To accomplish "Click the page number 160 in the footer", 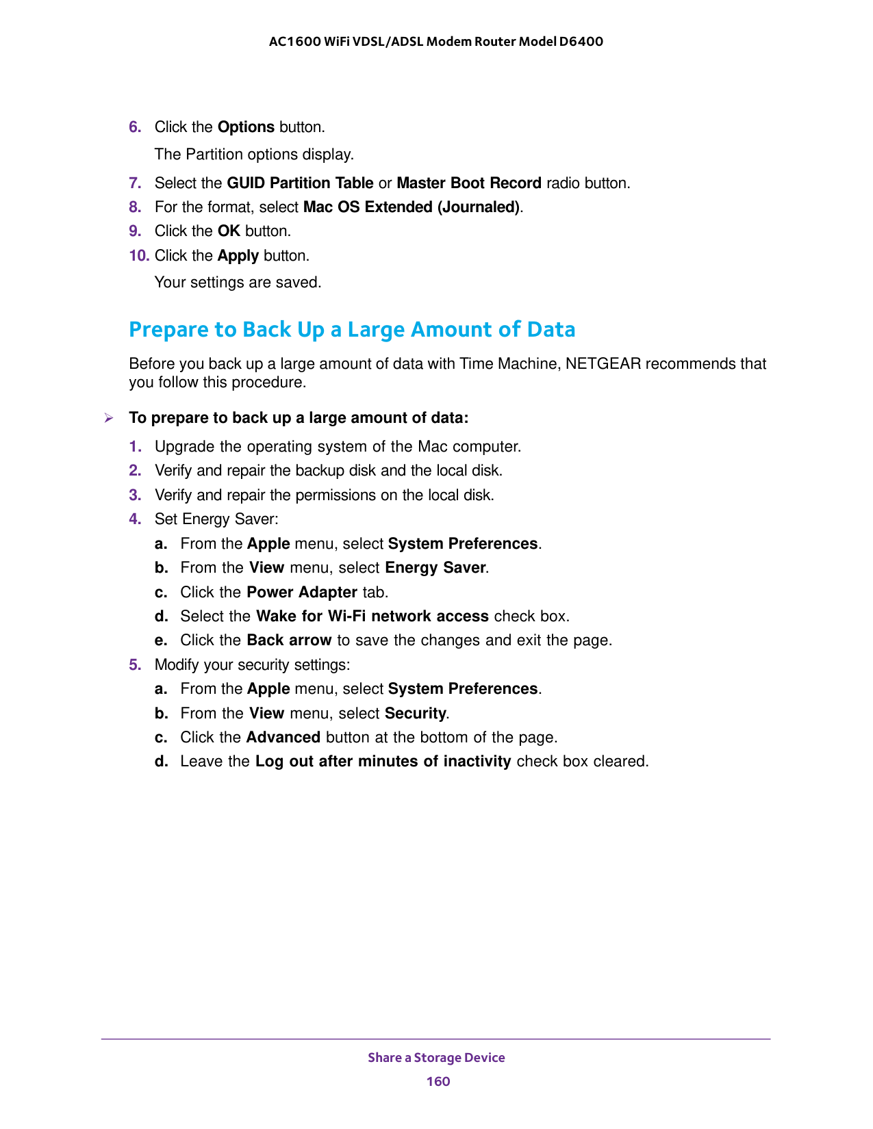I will (x=438, y=1081).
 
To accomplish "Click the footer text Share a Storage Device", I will (x=436, y=1057).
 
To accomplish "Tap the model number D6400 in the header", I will (x=581, y=41).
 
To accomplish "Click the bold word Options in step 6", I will (x=246, y=127).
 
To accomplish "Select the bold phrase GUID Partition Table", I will (x=300, y=183).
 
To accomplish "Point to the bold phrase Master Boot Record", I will (x=469, y=183).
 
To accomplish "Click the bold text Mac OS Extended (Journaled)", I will (x=412, y=207).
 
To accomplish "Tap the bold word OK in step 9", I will (x=229, y=231).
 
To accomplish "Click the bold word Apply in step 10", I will (x=238, y=256).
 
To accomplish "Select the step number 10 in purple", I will (x=139, y=256).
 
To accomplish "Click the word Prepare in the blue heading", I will (x=168, y=330).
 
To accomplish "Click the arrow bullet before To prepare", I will (x=108, y=418).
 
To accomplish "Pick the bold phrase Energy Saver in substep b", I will (x=435, y=568).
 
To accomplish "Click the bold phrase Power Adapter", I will (x=302, y=592).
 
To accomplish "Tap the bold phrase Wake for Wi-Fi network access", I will (x=372, y=617).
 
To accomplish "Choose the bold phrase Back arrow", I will (x=289, y=640).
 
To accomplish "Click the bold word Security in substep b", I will (x=416, y=714).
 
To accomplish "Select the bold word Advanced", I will (x=283, y=738).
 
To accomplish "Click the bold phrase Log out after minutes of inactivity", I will (x=383, y=762).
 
